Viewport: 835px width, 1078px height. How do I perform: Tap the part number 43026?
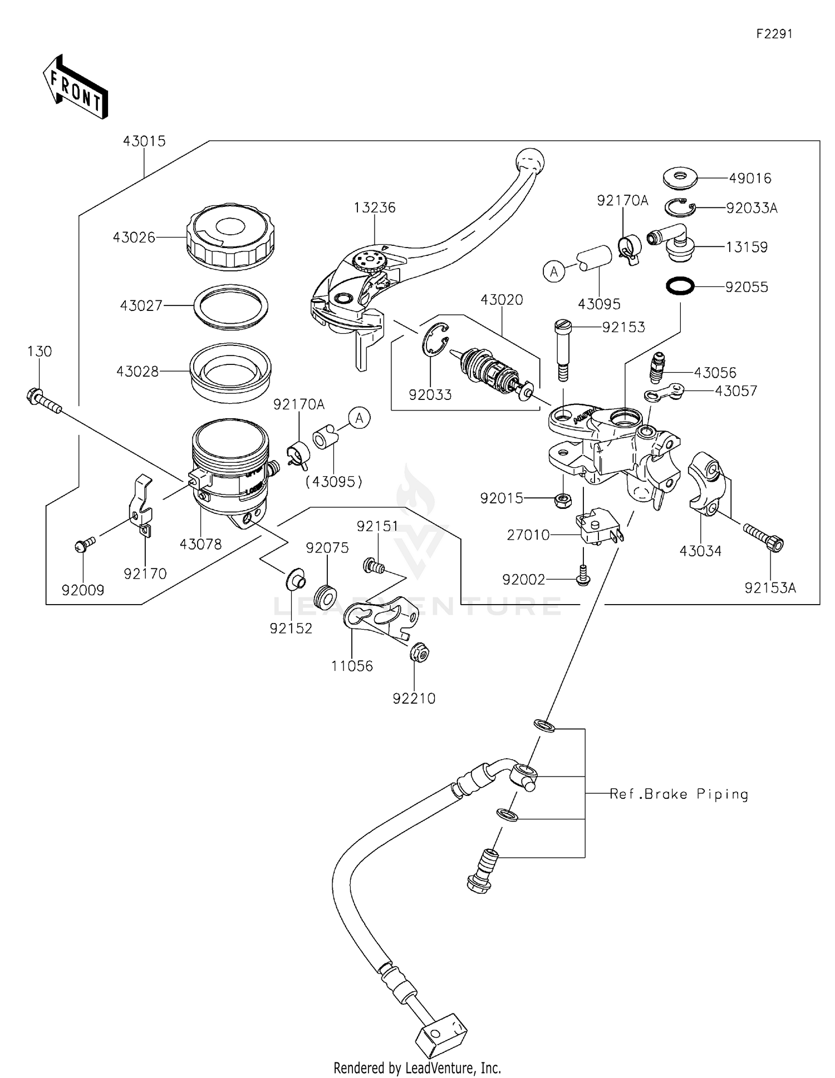[x=134, y=238]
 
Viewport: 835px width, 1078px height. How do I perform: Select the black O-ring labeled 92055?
[x=680, y=286]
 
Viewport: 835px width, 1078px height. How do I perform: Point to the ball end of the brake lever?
[x=530, y=161]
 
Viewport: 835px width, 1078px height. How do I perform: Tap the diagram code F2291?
[x=774, y=34]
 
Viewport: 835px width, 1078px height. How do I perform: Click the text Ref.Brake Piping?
[x=679, y=794]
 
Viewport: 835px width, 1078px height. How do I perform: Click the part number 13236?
[x=375, y=207]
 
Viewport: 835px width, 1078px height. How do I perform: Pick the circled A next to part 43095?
[x=554, y=271]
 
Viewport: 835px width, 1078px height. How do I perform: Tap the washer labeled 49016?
[x=680, y=178]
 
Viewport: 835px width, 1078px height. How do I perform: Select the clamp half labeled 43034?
[x=706, y=483]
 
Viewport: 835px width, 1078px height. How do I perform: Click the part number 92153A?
[x=770, y=587]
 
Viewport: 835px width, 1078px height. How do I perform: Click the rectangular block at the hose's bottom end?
[x=441, y=1035]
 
